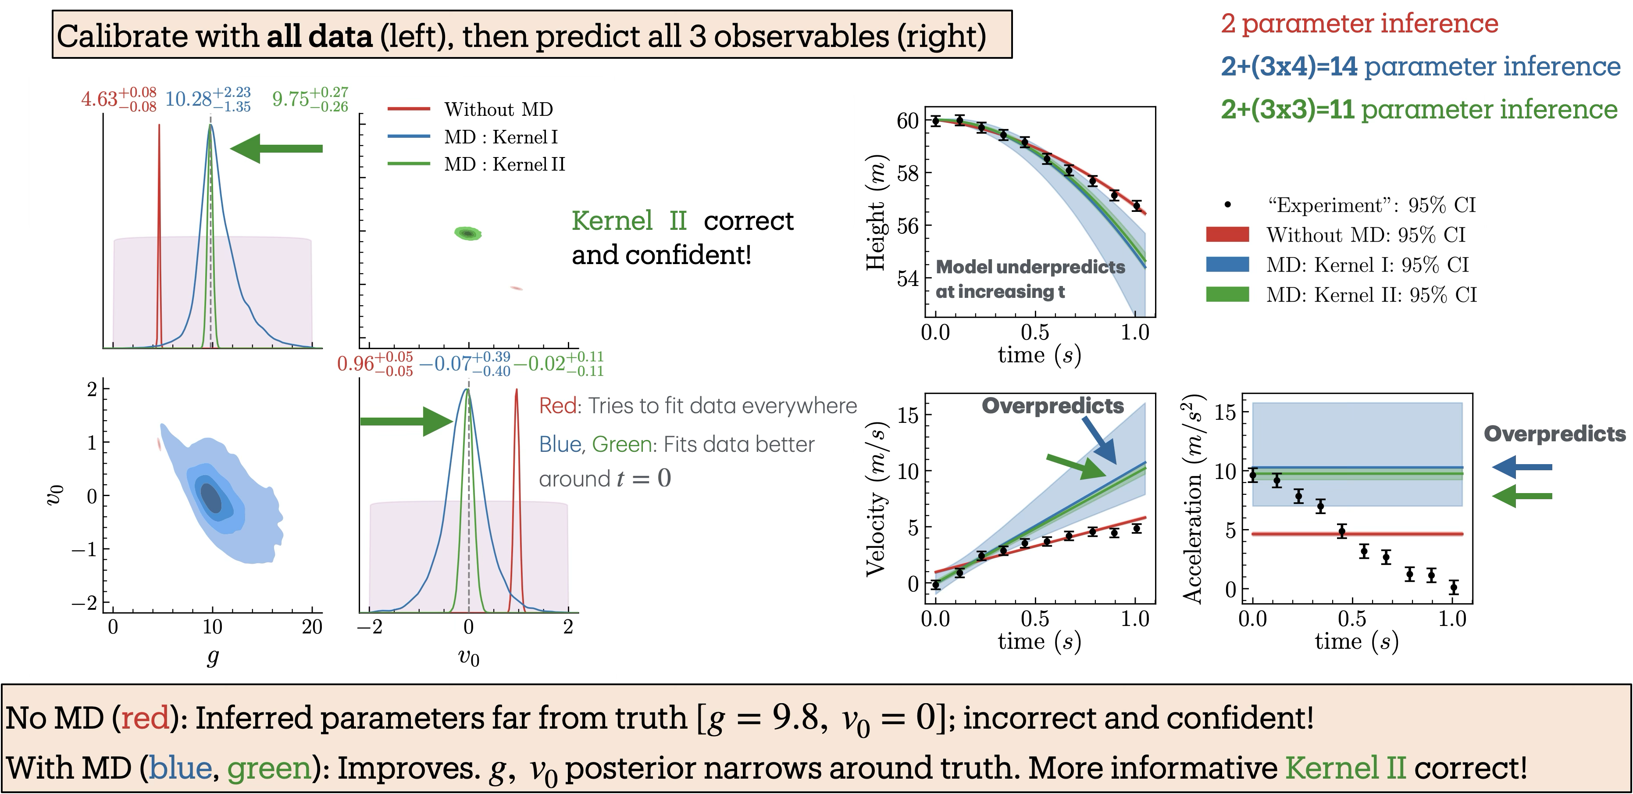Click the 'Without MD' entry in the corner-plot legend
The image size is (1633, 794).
tap(498, 109)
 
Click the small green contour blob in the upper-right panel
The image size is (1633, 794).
tap(468, 233)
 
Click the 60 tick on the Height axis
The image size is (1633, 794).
tap(907, 121)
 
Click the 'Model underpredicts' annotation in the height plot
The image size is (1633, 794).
tap(1030, 267)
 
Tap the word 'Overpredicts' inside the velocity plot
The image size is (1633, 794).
tap(1052, 406)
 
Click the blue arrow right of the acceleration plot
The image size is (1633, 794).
tap(1522, 467)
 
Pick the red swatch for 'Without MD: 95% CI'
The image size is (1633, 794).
tap(1227, 235)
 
